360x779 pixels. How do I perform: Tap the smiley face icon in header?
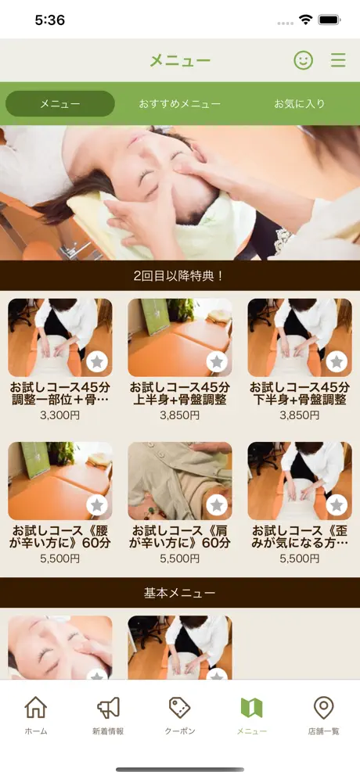304,60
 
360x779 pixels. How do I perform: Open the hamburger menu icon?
338,60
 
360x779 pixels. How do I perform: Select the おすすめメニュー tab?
179,104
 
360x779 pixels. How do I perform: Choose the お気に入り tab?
299,104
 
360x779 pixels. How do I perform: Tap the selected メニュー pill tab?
60,104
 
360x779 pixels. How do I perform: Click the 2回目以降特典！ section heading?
179,276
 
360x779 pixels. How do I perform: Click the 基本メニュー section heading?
179,593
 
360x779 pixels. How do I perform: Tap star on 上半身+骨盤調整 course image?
217,361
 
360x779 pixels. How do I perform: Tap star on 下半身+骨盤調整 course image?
337,361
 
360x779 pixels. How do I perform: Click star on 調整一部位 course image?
97,361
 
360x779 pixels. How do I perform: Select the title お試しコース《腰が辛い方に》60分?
59,537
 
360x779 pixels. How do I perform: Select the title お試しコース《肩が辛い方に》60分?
179,537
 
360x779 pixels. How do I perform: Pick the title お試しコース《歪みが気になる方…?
299,537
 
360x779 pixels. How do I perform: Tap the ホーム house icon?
36,707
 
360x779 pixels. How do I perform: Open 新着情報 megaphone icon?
108,707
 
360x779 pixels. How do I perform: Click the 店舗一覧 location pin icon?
324,708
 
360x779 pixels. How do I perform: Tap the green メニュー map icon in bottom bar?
251,708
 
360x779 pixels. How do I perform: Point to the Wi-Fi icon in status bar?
305,20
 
